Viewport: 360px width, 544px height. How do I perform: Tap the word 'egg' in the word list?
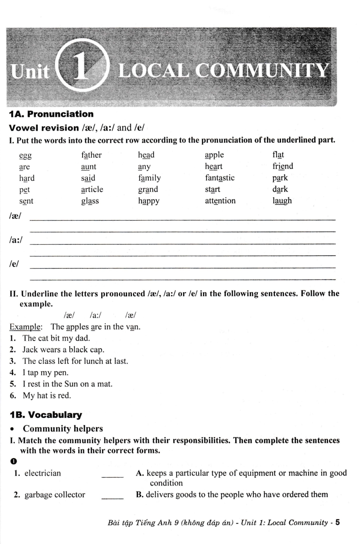[25, 156]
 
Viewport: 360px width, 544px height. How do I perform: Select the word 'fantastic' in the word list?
[220, 178]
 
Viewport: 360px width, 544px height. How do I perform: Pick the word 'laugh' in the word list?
[282, 201]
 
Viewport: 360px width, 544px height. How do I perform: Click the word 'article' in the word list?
[92, 189]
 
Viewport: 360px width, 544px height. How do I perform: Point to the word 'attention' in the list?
[220, 201]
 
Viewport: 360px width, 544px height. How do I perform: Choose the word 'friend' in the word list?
[283, 166]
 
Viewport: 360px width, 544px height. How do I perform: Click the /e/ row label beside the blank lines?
[14, 264]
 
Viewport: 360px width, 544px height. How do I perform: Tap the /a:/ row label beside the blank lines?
[16, 240]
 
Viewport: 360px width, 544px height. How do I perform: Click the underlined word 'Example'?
[25, 327]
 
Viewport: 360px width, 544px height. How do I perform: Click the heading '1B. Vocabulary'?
[46, 415]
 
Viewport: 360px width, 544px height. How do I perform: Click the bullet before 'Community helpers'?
[13, 429]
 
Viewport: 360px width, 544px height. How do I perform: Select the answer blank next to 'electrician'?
[112, 474]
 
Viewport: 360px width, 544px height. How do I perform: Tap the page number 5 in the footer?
[338, 522]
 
